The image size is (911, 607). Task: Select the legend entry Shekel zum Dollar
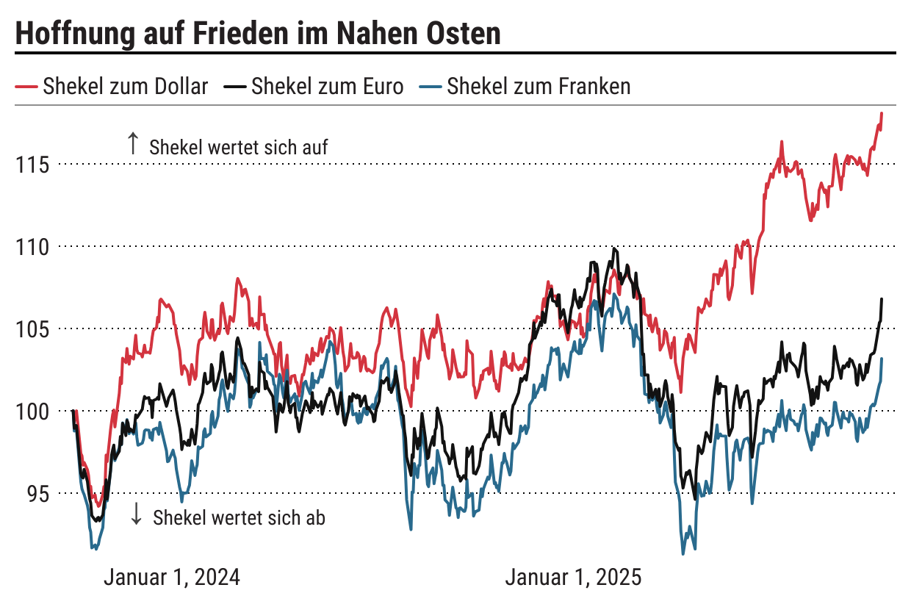pyautogui.click(x=125, y=87)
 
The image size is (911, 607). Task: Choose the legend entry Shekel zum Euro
pyautogui.click(x=327, y=87)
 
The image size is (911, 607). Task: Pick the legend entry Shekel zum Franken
pyautogui.click(x=538, y=87)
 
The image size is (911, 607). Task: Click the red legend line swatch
pyautogui.click(x=26, y=87)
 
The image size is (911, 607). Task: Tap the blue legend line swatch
pyautogui.click(x=430, y=87)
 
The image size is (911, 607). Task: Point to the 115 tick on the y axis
pyautogui.click(x=33, y=164)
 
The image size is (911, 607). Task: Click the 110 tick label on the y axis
pyautogui.click(x=33, y=246)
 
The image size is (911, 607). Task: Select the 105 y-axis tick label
pyautogui.click(x=33, y=328)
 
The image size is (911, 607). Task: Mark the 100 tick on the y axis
pyautogui.click(x=33, y=411)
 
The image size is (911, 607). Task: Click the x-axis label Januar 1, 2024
pyautogui.click(x=172, y=577)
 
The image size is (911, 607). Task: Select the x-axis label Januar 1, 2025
pyautogui.click(x=573, y=577)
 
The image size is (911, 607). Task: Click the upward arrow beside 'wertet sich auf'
pyautogui.click(x=133, y=143)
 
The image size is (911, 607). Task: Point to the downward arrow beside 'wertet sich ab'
pyautogui.click(x=136, y=514)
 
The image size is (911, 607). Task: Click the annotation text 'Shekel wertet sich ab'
pyautogui.click(x=239, y=518)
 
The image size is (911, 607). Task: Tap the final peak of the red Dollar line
pyautogui.click(x=882, y=113)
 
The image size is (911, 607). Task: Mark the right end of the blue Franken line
pyautogui.click(x=882, y=359)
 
